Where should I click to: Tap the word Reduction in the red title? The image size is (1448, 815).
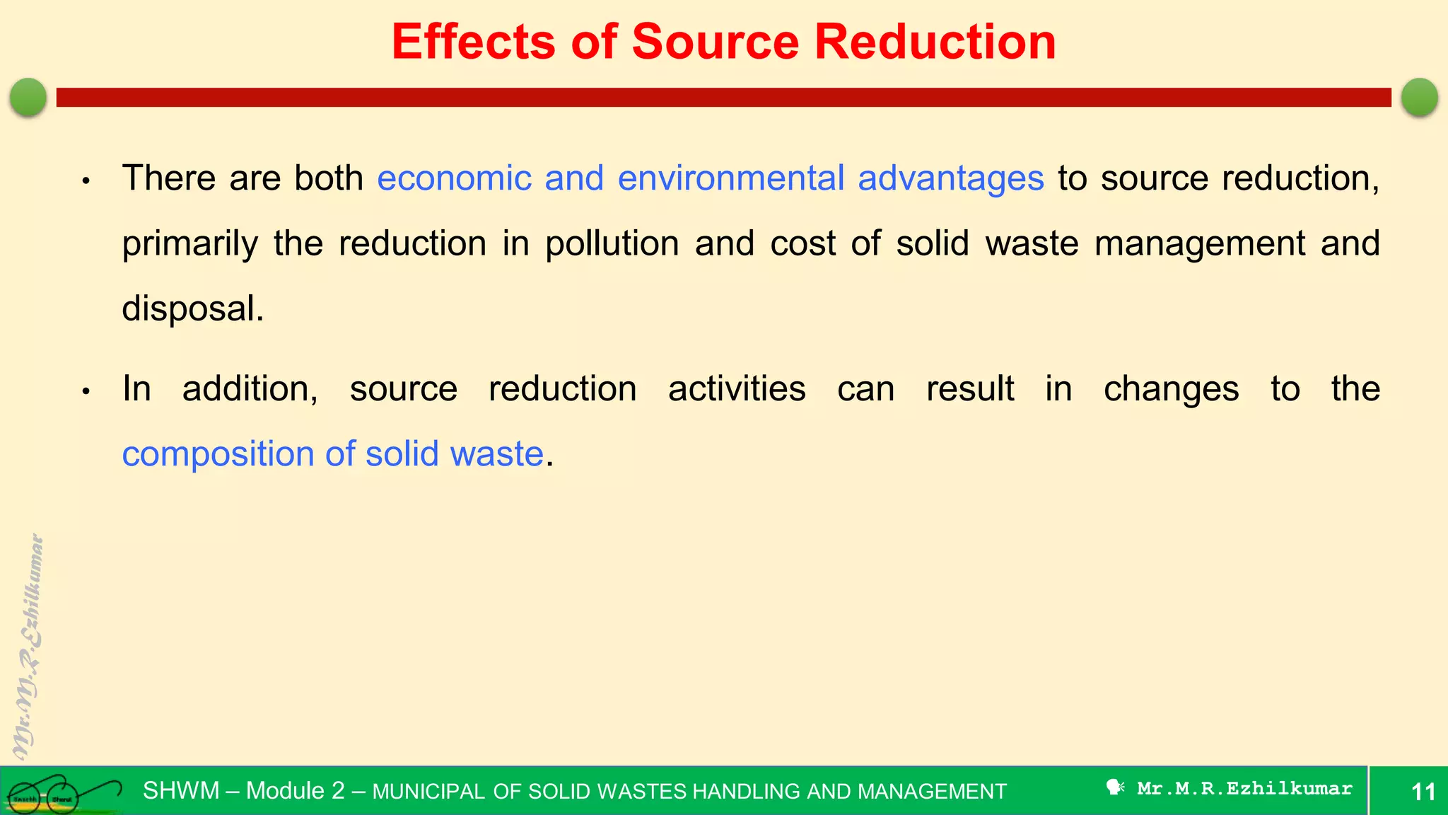(x=935, y=42)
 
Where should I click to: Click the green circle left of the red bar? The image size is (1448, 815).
(x=28, y=97)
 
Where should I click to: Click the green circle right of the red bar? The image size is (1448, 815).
(x=1419, y=97)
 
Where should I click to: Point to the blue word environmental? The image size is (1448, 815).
(x=730, y=178)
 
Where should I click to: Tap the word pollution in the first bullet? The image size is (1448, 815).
(x=612, y=244)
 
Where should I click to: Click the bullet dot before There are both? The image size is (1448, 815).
(x=86, y=181)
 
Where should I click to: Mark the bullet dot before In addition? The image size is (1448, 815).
(x=86, y=391)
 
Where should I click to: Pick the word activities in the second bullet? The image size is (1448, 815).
(x=737, y=389)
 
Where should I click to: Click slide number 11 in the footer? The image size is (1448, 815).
(x=1423, y=791)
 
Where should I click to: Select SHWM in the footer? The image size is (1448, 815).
(x=181, y=790)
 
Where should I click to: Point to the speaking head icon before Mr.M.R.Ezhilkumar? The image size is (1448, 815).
(x=1115, y=787)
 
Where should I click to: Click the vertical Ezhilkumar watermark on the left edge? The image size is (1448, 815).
(x=28, y=647)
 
